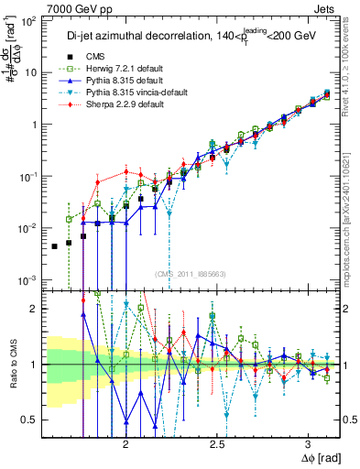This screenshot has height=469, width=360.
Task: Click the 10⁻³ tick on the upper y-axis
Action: pyautogui.click(x=30, y=279)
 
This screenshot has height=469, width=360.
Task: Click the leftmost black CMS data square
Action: pyautogui.click(x=55, y=246)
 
